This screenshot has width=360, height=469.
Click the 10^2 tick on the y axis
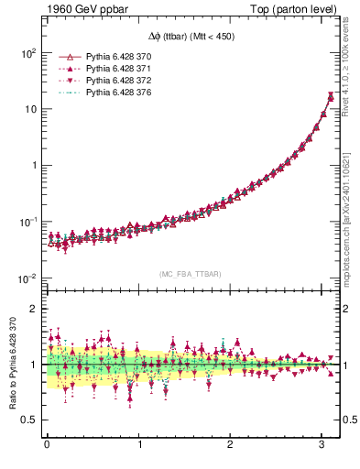[27, 52]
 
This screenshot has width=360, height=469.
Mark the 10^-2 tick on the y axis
[27, 278]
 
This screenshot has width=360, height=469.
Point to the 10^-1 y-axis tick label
[27, 222]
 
